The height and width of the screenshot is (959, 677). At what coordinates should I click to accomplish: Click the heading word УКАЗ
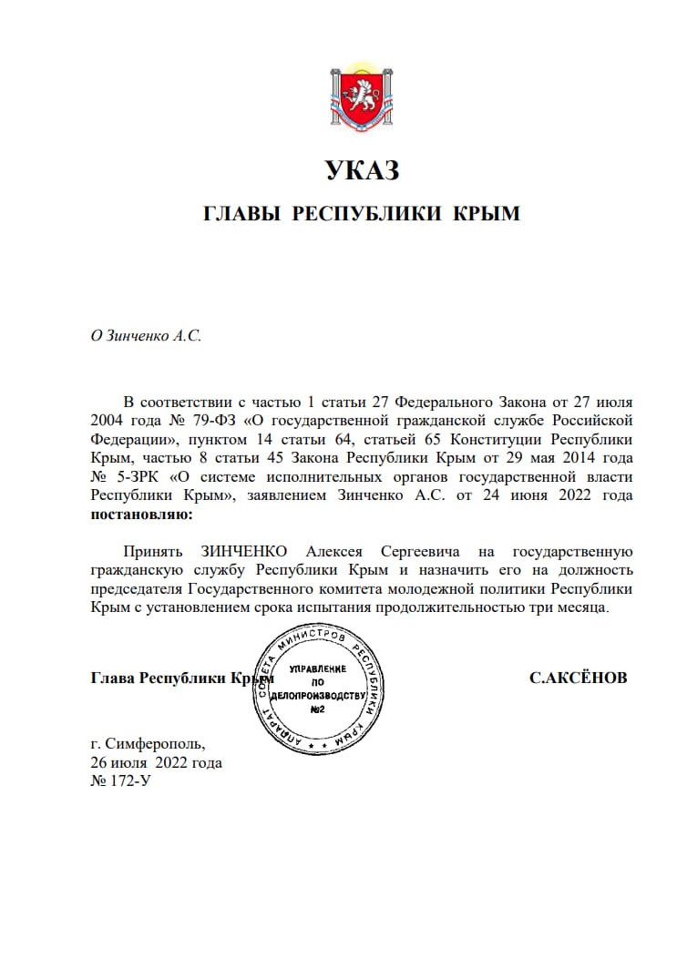[x=362, y=170]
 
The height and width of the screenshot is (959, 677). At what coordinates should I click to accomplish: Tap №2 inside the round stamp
[x=318, y=709]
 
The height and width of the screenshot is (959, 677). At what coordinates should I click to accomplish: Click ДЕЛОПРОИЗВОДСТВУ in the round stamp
[x=318, y=695]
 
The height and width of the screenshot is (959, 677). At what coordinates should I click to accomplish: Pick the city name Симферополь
[x=154, y=743]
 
